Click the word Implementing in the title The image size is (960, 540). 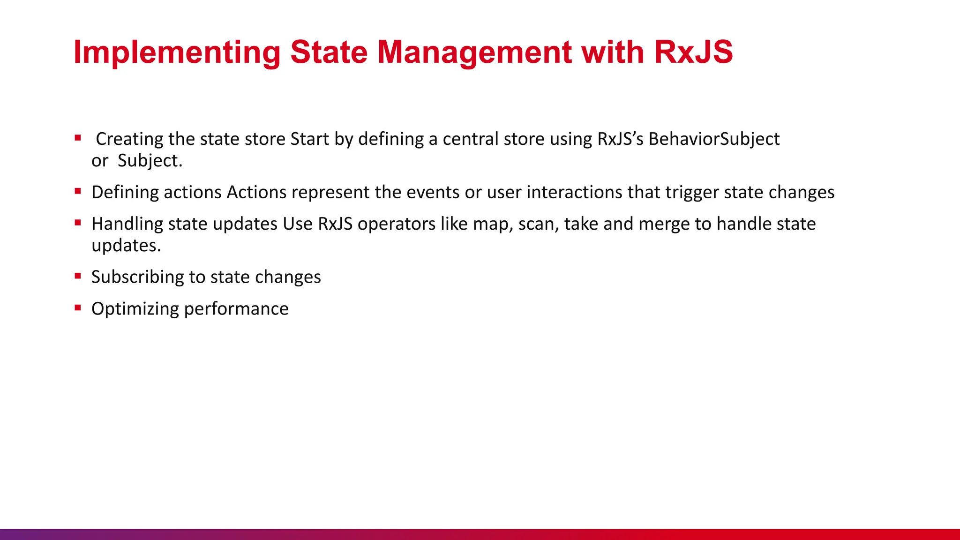point(177,52)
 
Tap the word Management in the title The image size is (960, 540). point(474,52)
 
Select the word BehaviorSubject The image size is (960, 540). point(714,139)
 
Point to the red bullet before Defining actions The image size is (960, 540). point(78,191)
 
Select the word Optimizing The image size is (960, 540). point(135,309)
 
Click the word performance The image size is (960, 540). point(236,309)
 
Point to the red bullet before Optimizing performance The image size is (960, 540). point(78,307)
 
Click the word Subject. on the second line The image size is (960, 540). point(150,161)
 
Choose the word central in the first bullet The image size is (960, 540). point(471,139)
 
